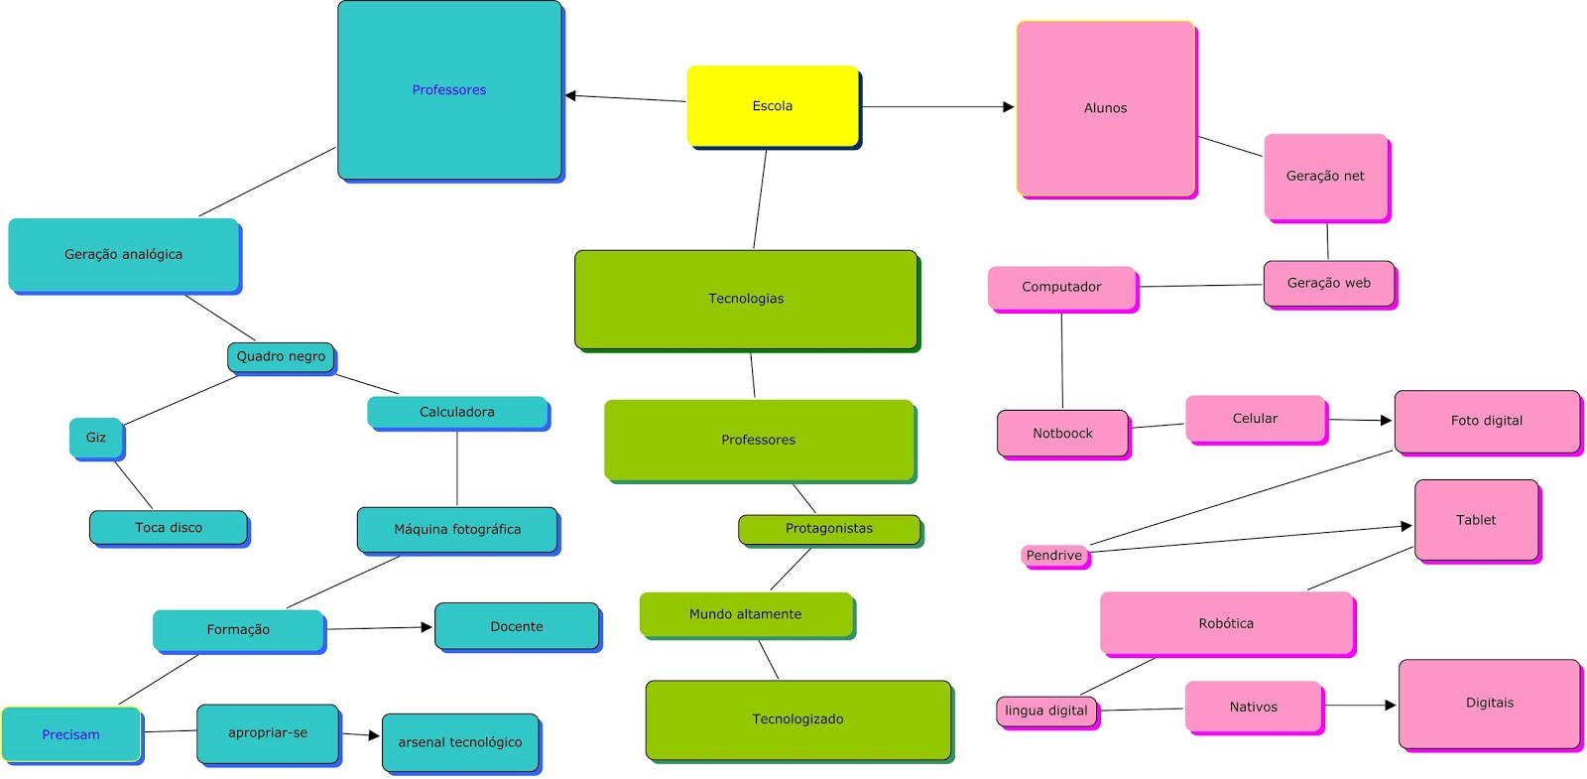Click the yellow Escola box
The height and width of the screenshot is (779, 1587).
coord(773,106)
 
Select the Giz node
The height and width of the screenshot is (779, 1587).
coord(95,438)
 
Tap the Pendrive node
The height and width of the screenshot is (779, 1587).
coord(1054,556)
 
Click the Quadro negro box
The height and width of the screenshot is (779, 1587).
coord(281,356)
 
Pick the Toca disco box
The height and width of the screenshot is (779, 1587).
coord(169,528)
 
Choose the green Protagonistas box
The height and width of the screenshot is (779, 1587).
coord(829,529)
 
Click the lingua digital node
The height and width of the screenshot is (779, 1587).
coord(1046,711)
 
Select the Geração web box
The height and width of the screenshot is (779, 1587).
coord(1329,284)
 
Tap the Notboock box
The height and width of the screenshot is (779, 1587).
coord(1062,434)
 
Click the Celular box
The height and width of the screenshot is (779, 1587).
coord(1255,419)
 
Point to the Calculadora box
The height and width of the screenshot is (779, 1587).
coord(457,412)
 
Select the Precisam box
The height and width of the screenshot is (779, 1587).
coord(71,734)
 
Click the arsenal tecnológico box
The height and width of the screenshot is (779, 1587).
coord(460,742)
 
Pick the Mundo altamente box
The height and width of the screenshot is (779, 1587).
coord(746,614)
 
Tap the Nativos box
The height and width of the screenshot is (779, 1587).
coord(1254,707)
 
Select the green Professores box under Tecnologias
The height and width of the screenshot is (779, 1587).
coord(759,440)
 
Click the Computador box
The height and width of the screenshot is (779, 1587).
coord(1061,288)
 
